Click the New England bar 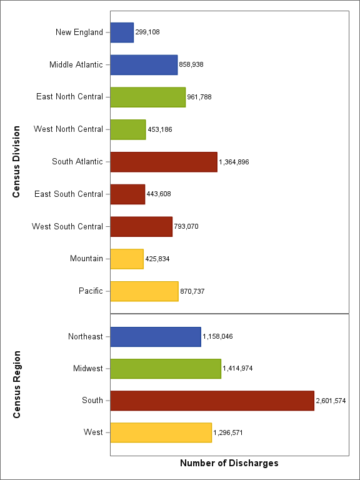pyautogui.click(x=122, y=32)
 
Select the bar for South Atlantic pyautogui.click(x=164, y=162)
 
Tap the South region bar pyautogui.click(x=212, y=401)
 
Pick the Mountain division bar pyautogui.click(x=127, y=259)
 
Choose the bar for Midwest pyautogui.click(x=166, y=369)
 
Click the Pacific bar pyautogui.click(x=144, y=291)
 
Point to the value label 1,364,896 pyautogui.click(x=234, y=162)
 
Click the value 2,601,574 pyautogui.click(x=331, y=401)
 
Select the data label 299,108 pyautogui.click(x=147, y=32)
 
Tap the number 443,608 pyautogui.click(x=159, y=194)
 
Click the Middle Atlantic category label pyautogui.click(x=76, y=64)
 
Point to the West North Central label pyautogui.click(x=68, y=129)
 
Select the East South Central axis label pyautogui.click(x=69, y=194)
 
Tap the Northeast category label pyautogui.click(x=86, y=336)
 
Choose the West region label pyautogui.click(x=93, y=432)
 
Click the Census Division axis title pyautogui.click(x=17, y=162)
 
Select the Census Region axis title pyautogui.click(x=17, y=384)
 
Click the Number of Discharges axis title pyautogui.click(x=229, y=464)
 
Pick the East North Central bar pyautogui.click(x=148, y=97)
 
